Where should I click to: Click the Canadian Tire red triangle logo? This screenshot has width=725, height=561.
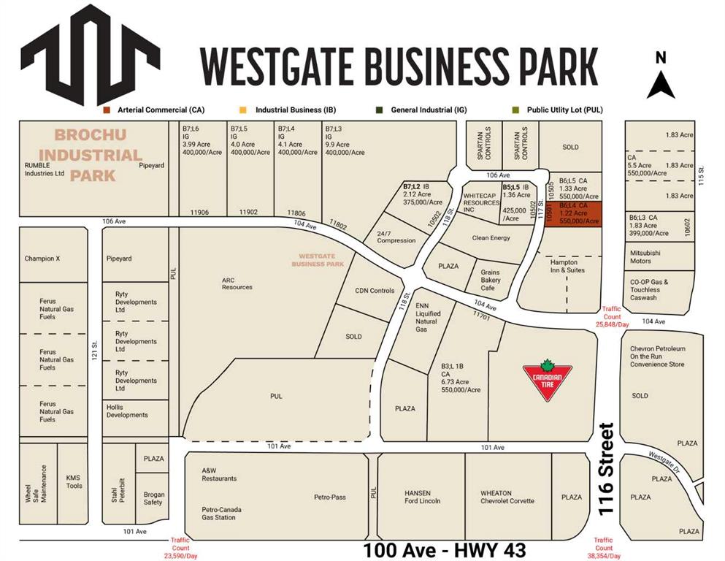coord(546,380)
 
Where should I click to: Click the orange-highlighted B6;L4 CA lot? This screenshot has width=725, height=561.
coord(573,213)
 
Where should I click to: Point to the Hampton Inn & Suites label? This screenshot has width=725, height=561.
coord(563,266)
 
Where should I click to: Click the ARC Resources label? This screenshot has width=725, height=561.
coord(237,283)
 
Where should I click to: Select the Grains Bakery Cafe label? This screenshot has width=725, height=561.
coord(490,280)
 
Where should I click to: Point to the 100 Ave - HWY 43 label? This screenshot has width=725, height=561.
coord(446,549)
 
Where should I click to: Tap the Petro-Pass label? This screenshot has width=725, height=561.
coord(330,497)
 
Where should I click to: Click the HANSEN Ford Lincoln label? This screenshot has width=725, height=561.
coord(423,497)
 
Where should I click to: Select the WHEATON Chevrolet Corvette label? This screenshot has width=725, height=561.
coord(507,497)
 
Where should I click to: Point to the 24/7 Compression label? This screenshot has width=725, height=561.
coord(395,237)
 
